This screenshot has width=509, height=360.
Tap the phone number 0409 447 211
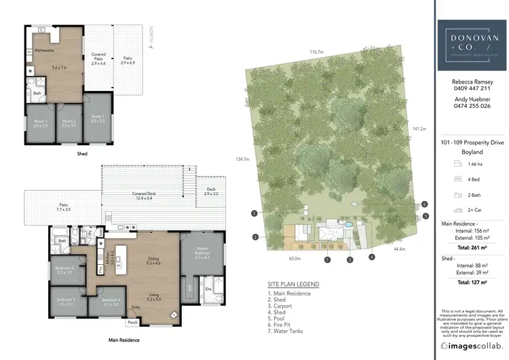471,88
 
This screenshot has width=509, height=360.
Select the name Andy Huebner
471,98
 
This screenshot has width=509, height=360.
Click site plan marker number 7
253,213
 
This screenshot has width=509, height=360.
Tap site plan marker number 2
255,237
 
